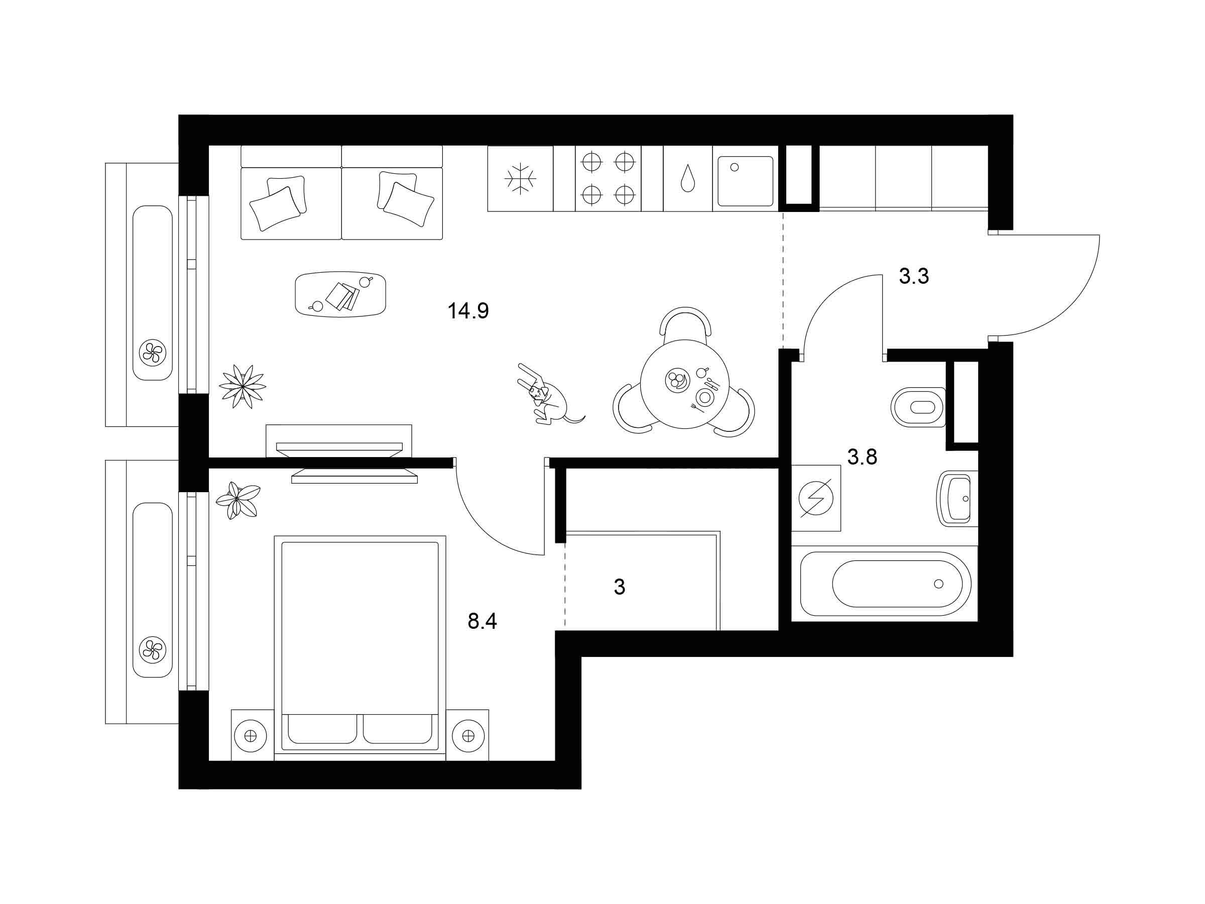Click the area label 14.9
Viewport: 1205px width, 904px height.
[x=468, y=311]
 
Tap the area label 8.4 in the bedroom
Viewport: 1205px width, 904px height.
[x=482, y=621]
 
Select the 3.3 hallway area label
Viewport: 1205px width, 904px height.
[x=914, y=276]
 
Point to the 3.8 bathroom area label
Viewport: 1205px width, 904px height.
[x=863, y=457]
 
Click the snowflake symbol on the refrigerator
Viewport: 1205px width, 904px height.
[x=520, y=178]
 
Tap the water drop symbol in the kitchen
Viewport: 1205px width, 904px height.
[x=687, y=178]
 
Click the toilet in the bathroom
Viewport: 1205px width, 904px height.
[x=918, y=407]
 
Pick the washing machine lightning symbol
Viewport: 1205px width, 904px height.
[x=815, y=498]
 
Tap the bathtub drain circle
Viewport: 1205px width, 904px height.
[x=938, y=584]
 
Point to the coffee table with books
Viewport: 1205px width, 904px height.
[x=340, y=294]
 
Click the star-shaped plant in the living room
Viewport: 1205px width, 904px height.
[x=243, y=386]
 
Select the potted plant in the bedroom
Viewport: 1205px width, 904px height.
[x=237, y=500]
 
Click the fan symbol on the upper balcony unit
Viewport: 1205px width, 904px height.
[x=153, y=352]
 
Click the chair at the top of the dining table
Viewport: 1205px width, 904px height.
[x=686, y=321]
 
